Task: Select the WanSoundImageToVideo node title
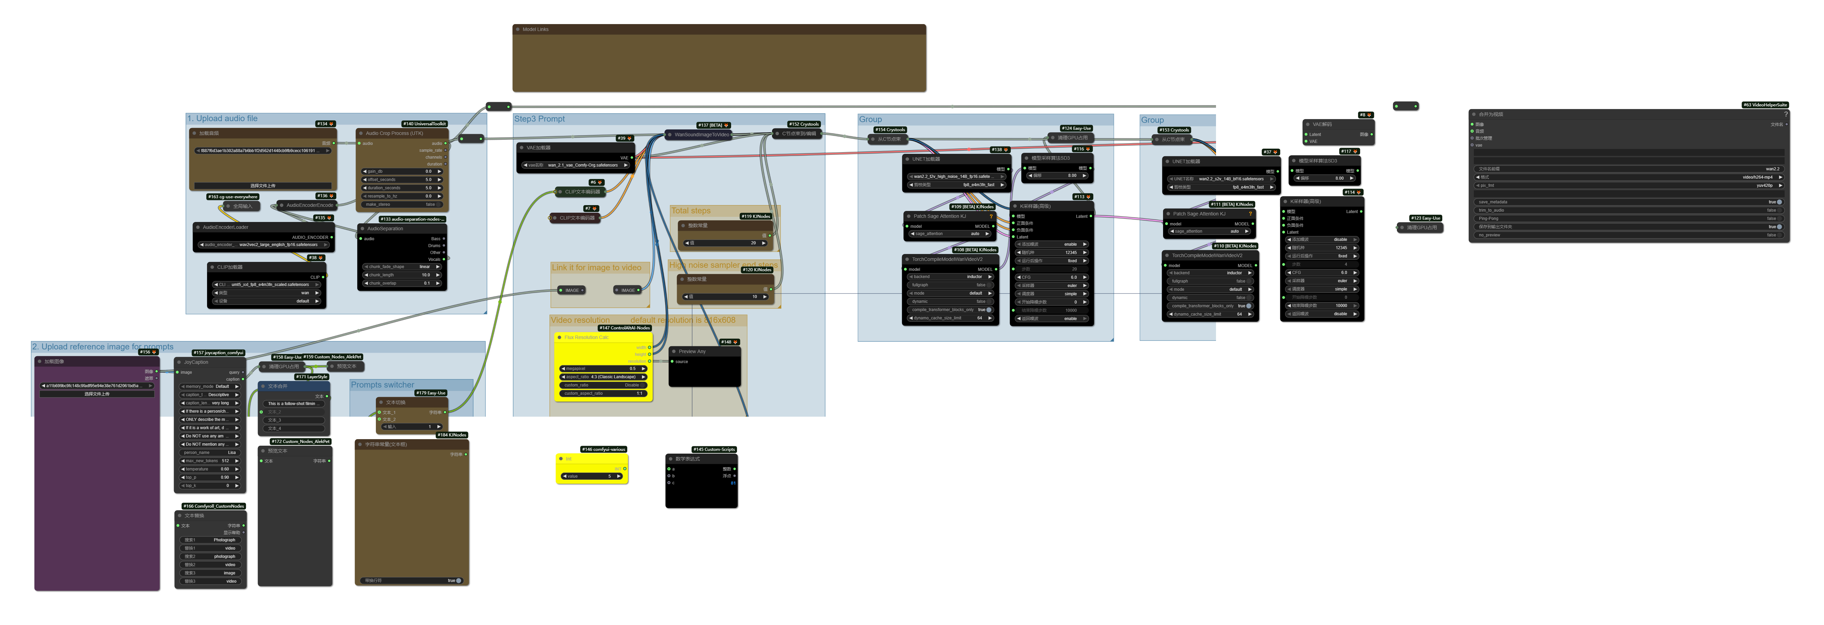pos(701,134)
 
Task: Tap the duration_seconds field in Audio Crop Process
pos(401,188)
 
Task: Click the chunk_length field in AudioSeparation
pos(401,275)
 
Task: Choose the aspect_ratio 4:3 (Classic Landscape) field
pos(603,377)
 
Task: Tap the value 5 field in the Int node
pos(591,476)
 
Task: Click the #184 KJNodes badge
pos(452,435)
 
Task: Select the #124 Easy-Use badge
pos(1076,128)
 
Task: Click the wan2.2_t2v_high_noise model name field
pos(956,177)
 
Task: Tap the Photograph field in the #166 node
pos(210,540)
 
